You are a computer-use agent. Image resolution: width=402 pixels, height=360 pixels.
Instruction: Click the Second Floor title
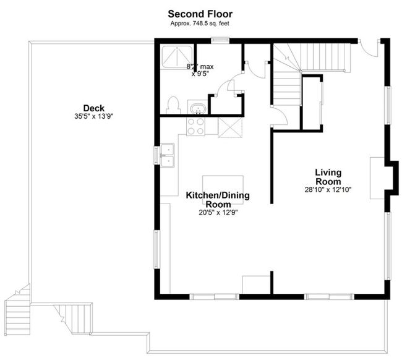pos(200,13)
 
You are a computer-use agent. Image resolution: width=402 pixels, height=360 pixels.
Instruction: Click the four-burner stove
pos(196,126)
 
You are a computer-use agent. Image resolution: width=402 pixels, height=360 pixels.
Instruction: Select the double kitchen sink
pos(167,155)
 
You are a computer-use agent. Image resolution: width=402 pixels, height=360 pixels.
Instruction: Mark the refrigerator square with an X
pos(231,127)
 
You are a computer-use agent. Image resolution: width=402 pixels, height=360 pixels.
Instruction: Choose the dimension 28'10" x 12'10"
pos(328,189)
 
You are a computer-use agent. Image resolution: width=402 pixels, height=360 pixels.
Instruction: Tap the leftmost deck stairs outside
pos(16,306)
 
